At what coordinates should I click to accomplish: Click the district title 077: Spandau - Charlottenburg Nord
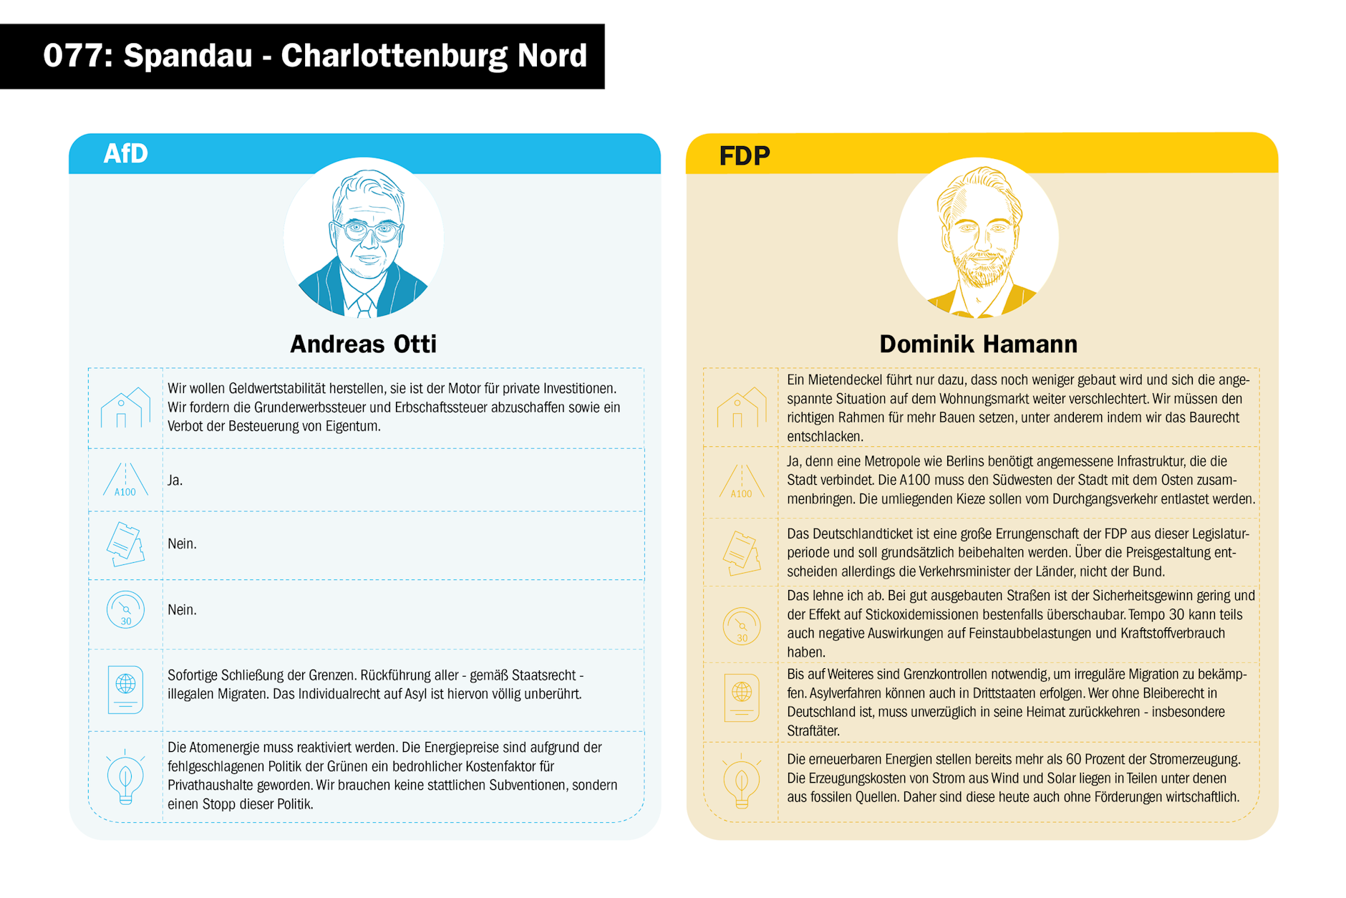314,56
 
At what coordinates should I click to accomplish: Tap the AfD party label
125,153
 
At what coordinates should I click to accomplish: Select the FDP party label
744,155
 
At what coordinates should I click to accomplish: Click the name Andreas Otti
363,344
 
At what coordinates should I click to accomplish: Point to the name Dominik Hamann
978,344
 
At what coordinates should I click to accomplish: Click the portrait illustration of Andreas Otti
364,238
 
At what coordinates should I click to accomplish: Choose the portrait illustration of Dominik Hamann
978,238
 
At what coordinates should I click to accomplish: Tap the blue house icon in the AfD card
125,408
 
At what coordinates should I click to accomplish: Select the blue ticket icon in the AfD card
125,544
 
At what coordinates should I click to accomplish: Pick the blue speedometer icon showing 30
125,610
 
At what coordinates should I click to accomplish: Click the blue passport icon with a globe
125,689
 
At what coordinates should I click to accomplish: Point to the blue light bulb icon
125,777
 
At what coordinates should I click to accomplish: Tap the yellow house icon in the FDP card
741,408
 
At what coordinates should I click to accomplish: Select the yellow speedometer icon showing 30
742,626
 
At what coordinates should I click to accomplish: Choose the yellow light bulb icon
742,782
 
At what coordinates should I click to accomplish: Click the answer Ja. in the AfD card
175,481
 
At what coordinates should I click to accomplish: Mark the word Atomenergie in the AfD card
223,748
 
